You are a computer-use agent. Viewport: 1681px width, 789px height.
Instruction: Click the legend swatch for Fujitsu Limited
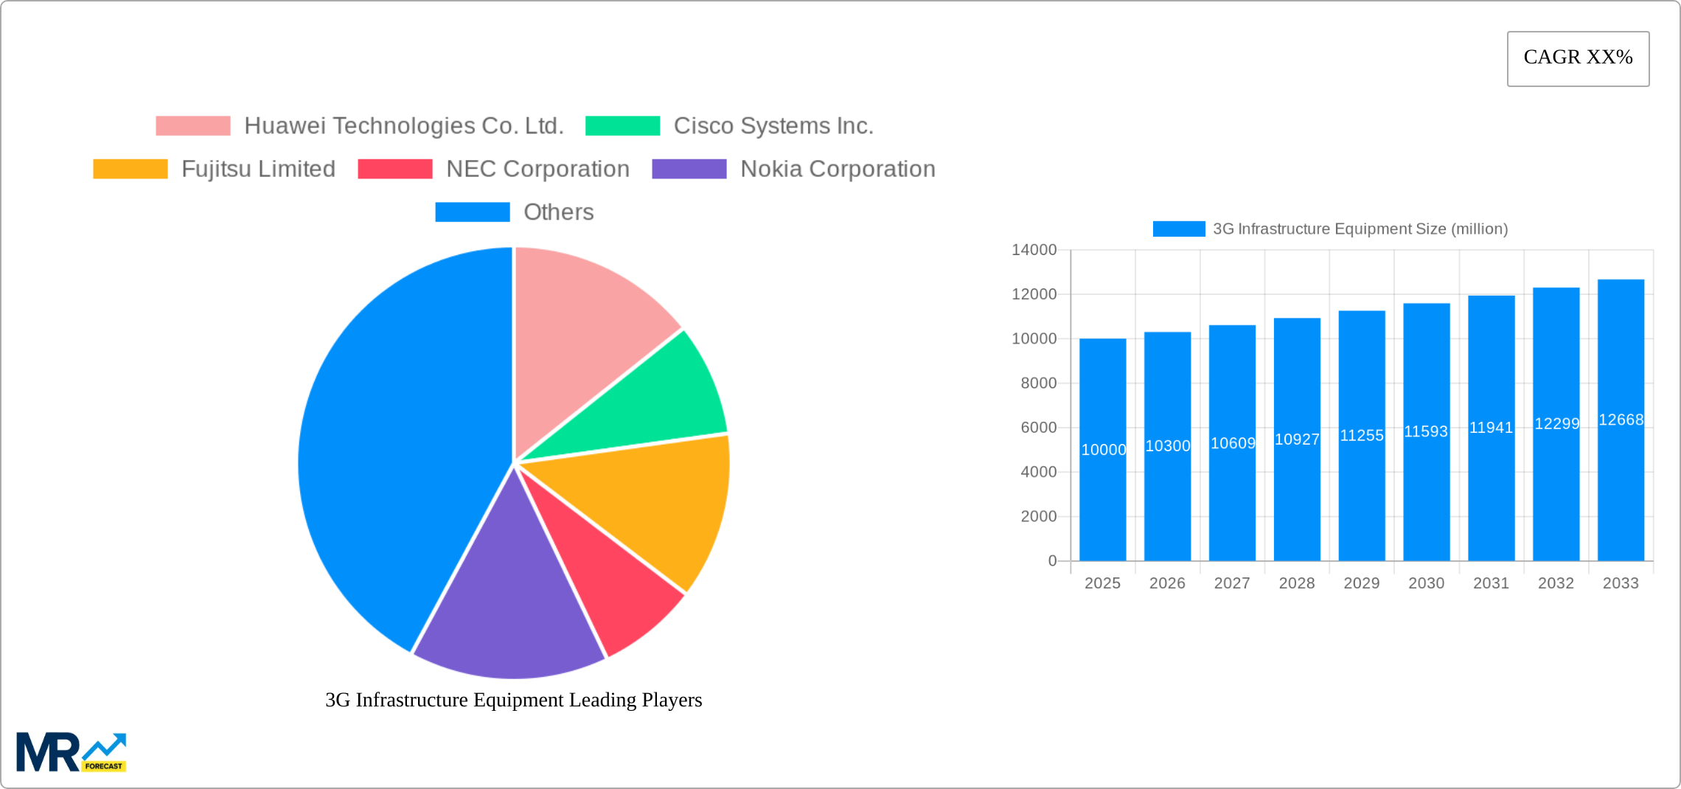(x=130, y=169)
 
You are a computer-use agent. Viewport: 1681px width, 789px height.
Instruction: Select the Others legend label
(x=558, y=212)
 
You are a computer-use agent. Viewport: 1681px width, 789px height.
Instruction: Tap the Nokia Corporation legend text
(x=838, y=169)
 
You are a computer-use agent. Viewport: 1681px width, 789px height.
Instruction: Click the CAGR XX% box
(x=1578, y=58)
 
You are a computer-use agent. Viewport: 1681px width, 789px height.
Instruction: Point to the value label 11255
(x=1362, y=436)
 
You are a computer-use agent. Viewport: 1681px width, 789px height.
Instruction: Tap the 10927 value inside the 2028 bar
(x=1297, y=439)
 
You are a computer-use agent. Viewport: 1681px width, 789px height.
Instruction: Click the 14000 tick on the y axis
(x=1034, y=250)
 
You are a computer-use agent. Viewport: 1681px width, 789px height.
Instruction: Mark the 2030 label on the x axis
(x=1426, y=583)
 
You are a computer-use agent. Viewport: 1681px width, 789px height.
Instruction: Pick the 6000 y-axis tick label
(x=1038, y=428)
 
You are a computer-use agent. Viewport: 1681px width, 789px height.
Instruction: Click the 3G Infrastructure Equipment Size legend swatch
(x=1179, y=229)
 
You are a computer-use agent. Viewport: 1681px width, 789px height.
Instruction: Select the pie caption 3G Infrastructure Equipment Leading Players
(x=513, y=700)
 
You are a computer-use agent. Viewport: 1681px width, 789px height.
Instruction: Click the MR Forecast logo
(x=72, y=751)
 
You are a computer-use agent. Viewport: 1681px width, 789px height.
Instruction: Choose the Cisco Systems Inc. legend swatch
(x=622, y=126)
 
